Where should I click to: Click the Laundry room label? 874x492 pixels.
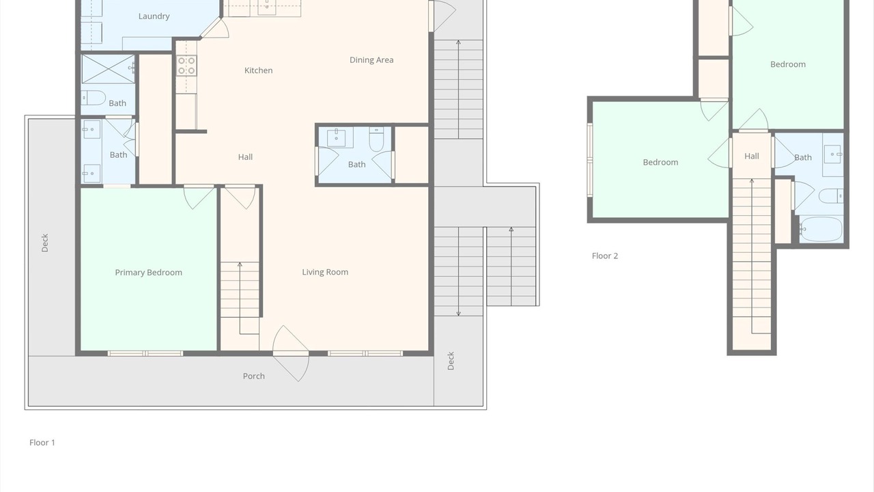coord(154,16)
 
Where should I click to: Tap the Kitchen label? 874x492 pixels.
coord(258,70)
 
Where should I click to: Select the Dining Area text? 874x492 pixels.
coord(371,59)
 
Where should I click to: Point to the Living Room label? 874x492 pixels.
coord(325,272)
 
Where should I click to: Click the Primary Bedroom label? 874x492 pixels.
coord(148,273)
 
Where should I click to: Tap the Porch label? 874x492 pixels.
coord(253,376)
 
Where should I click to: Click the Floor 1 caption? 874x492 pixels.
coord(42,442)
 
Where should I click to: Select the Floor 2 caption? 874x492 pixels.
coord(605,256)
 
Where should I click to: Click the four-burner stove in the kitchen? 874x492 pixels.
coord(186,66)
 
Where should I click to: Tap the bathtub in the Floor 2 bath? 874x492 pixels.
coord(821,229)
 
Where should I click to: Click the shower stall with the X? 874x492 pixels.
coord(108,69)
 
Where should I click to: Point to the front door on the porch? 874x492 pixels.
coord(291,353)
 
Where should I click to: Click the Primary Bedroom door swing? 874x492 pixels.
coord(199,197)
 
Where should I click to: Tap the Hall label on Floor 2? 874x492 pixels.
coord(752,156)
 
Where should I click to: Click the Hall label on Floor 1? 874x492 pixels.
coord(245,157)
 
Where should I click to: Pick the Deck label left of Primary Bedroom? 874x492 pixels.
coord(45,243)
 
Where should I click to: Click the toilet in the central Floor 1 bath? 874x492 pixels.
coord(376,139)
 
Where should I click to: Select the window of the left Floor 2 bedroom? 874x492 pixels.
coord(590,159)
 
